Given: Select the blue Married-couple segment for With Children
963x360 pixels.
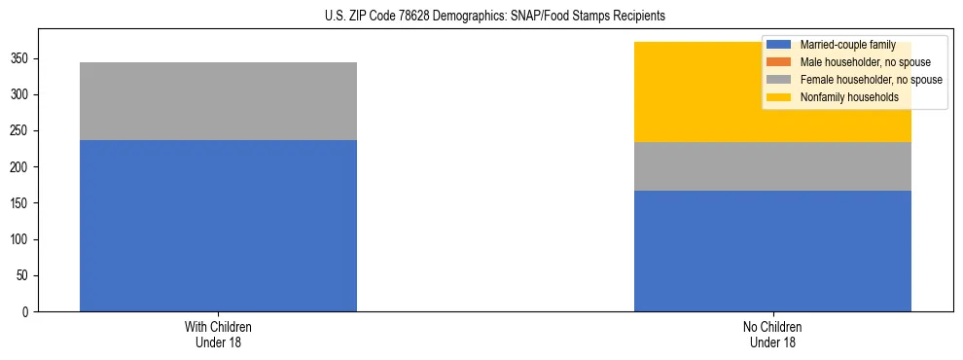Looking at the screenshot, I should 218,226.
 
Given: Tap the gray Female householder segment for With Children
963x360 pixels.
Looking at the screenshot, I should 218,101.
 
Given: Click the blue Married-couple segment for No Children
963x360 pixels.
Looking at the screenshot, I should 772,251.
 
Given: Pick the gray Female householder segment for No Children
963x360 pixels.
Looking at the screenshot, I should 772,166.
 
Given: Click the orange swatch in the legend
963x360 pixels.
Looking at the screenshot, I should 779,62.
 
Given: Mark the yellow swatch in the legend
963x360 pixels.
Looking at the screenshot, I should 779,97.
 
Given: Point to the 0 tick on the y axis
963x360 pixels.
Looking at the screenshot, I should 28,312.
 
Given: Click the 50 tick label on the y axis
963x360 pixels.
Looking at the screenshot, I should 25,275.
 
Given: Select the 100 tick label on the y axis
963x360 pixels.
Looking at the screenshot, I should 22,239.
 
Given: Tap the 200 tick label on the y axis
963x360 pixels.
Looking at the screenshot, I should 22,167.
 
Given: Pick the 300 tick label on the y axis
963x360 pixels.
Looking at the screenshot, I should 22,94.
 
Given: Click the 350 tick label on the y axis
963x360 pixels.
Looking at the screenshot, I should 22,58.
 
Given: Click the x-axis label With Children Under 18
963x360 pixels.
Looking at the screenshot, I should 218,334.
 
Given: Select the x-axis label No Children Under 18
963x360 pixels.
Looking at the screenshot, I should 772,334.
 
